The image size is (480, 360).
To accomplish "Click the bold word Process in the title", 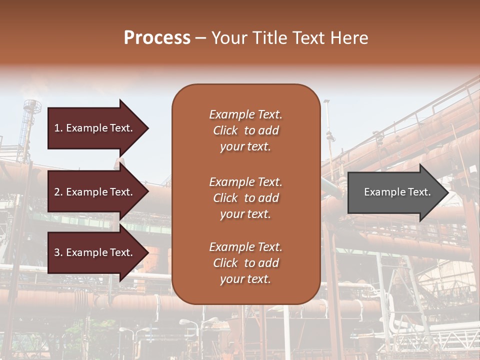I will tap(157, 38).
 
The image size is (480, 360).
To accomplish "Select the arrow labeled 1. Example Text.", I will tap(95, 128).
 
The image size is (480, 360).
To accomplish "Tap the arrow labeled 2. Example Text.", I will tap(95, 192).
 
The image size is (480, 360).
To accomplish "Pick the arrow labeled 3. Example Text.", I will tap(95, 252).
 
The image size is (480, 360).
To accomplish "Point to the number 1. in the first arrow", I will tap(58, 128).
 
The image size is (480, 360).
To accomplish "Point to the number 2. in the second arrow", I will tap(58, 192).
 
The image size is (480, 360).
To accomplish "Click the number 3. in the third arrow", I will tap(58, 252).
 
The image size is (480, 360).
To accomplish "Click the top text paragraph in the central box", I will tap(245, 130).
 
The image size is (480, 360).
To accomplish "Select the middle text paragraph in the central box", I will tap(245, 198).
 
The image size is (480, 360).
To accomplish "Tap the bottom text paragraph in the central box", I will tap(245, 263).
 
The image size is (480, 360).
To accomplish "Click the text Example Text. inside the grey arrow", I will tap(397, 192).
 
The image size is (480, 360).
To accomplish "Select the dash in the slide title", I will tap(200, 38).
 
